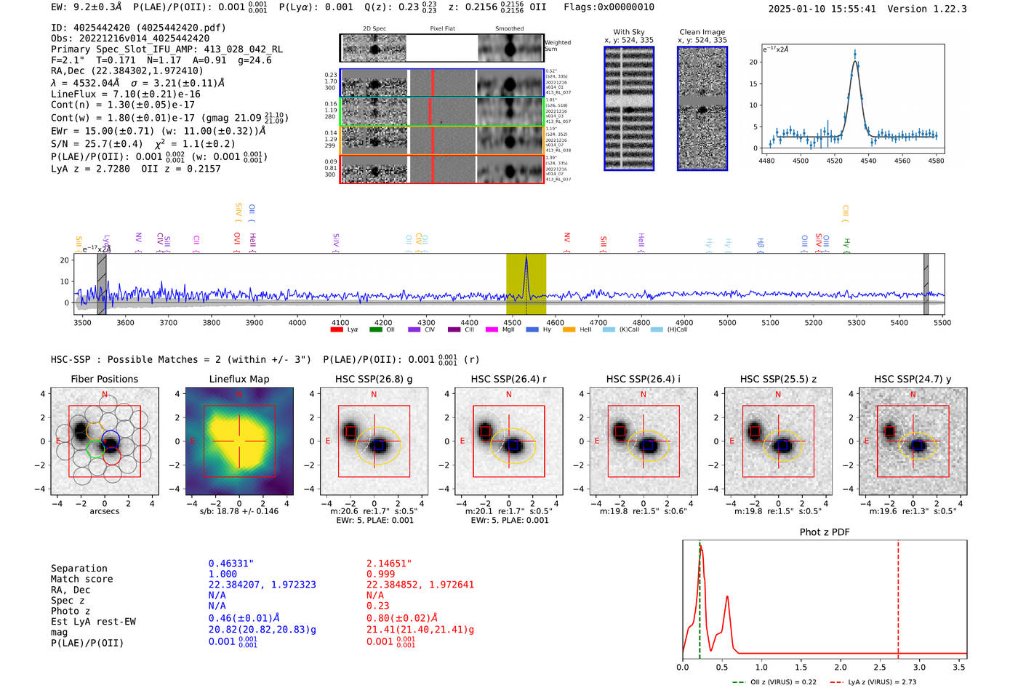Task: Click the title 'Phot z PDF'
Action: pyautogui.click(x=824, y=532)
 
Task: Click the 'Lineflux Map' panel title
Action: pyautogui.click(x=239, y=379)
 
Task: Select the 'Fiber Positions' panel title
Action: pyautogui.click(x=104, y=379)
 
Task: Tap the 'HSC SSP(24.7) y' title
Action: pyautogui.click(x=913, y=379)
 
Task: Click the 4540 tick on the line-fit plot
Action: pyautogui.click(x=868, y=161)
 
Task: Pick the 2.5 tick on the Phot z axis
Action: pyautogui.click(x=880, y=667)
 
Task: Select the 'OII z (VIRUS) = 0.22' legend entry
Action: pyautogui.click(x=779, y=682)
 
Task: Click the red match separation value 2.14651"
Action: pyautogui.click(x=389, y=563)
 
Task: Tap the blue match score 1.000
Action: pyautogui.click(x=223, y=574)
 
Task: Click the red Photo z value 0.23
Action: pyautogui.click(x=377, y=606)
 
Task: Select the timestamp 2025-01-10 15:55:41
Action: pyautogui.click(x=822, y=9)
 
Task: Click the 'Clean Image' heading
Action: pyautogui.click(x=702, y=32)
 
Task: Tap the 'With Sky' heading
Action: pyautogui.click(x=628, y=32)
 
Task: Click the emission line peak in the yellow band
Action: pyautogui.click(x=526, y=259)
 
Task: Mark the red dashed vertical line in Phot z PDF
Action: pyautogui.click(x=898, y=596)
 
